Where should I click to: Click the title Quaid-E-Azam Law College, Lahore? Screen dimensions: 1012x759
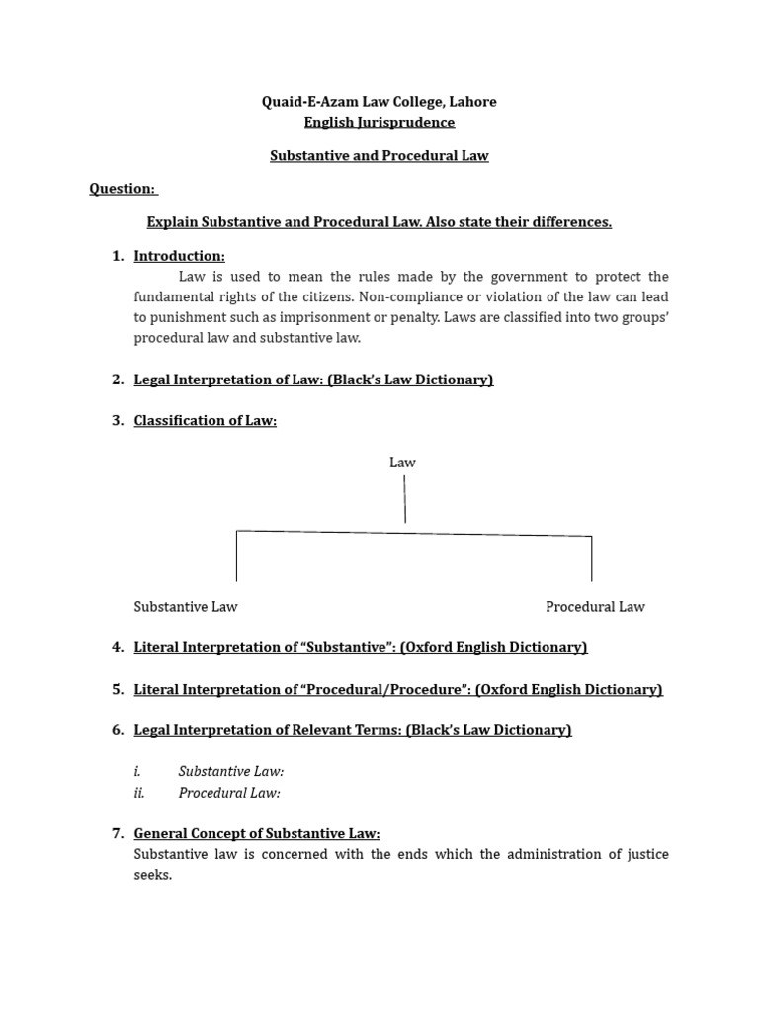379,102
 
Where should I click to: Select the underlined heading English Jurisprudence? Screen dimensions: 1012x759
379,123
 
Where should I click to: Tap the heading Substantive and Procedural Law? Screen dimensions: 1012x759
379,156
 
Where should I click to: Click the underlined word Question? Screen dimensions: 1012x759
123,189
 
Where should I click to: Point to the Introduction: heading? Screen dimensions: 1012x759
180,256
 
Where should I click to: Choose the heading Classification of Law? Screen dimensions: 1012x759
206,421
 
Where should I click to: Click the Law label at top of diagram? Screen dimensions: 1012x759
402,463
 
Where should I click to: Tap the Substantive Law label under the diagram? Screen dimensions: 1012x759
186,607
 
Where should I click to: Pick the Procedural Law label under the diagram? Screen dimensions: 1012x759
595,607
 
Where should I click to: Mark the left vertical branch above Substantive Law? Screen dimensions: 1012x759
236,556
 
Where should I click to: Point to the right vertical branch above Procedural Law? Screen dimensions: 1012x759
592,558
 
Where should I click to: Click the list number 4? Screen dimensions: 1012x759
117,648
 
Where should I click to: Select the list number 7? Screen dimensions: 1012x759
117,834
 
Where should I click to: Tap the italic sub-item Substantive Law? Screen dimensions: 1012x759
231,772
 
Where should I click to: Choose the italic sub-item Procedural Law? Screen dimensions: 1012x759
229,793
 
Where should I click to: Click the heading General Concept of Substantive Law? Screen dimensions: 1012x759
257,834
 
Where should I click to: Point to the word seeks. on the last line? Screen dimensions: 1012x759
153,876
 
